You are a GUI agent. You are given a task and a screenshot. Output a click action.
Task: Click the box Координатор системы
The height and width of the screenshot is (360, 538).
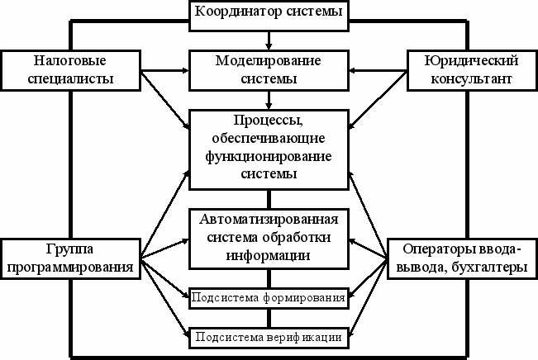click(x=269, y=13)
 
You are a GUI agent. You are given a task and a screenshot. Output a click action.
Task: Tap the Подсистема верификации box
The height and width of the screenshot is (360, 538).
click(x=269, y=337)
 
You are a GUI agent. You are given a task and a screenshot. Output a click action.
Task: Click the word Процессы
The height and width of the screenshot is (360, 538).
click(x=269, y=121)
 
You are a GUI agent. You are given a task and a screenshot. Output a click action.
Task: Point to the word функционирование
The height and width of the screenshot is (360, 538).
click(x=269, y=157)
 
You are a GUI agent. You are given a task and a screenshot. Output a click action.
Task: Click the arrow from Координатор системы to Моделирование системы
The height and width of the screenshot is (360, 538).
click(x=269, y=38)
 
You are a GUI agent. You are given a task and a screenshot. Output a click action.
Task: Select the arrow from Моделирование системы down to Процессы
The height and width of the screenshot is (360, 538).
click(x=269, y=99)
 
